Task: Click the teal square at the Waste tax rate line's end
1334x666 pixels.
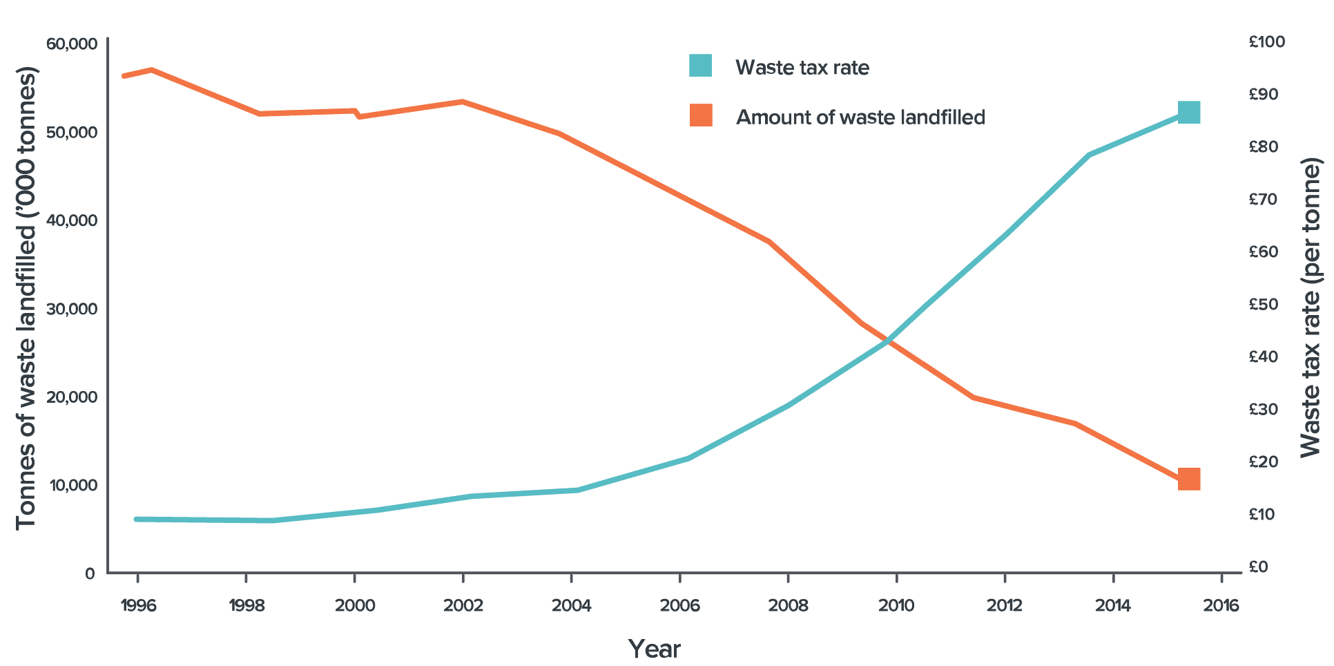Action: pyautogui.click(x=1188, y=112)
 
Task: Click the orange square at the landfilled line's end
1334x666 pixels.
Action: pyautogui.click(x=1188, y=479)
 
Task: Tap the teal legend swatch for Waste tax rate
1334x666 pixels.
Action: pyautogui.click(x=700, y=66)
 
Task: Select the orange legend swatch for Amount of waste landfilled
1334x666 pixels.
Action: pyautogui.click(x=700, y=115)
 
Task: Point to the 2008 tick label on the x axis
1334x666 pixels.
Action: pyautogui.click(x=788, y=606)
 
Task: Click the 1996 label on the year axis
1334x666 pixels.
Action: pyautogui.click(x=138, y=606)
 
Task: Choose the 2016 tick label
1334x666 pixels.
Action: pyautogui.click(x=1221, y=606)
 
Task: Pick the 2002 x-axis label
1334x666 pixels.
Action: pyautogui.click(x=463, y=606)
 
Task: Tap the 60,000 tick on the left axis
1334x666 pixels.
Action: pyautogui.click(x=71, y=44)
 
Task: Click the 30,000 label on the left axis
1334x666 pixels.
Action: pyautogui.click(x=71, y=309)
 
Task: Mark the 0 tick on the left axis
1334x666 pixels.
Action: pyautogui.click(x=90, y=573)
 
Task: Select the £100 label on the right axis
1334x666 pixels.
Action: pyautogui.click(x=1267, y=42)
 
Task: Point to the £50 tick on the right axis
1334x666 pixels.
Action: pyautogui.click(x=1264, y=305)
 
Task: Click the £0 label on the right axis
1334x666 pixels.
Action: pyautogui.click(x=1259, y=567)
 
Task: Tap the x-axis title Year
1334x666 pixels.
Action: pyautogui.click(x=654, y=649)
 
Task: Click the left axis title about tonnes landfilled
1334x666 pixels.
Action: pyautogui.click(x=26, y=298)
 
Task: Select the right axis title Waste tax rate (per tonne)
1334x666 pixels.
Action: pyautogui.click(x=1310, y=307)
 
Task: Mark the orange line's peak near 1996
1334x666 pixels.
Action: pyautogui.click(x=151, y=70)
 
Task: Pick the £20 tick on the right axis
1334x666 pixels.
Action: pyautogui.click(x=1264, y=462)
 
